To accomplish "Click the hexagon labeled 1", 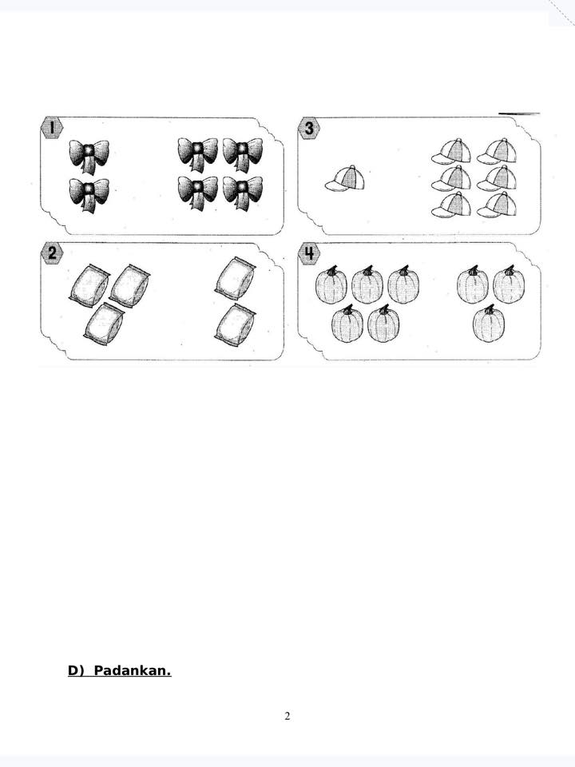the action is (51, 128).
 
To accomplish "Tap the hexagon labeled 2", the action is (52, 253).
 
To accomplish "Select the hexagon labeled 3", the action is (309, 128).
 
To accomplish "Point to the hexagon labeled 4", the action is (309, 253).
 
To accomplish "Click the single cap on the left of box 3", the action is (345, 178).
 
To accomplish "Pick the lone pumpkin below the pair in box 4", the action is (489, 324).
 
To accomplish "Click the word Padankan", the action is (132, 670).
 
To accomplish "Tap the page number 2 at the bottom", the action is (287, 717).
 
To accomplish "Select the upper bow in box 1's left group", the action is (89, 157).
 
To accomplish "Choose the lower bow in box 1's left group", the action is (89, 195).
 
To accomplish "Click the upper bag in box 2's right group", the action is (235, 278).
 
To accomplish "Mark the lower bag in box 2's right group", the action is (235, 325).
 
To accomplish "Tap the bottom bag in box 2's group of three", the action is (104, 324).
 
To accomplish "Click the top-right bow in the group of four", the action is (243, 154).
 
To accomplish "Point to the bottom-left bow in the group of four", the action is (197, 193).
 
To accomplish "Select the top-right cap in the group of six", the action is (497, 151).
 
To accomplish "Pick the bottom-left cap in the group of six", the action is (451, 205).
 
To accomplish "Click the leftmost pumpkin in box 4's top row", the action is (331, 284).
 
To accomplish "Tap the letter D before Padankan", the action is (73, 670).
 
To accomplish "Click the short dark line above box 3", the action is (519, 114).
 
